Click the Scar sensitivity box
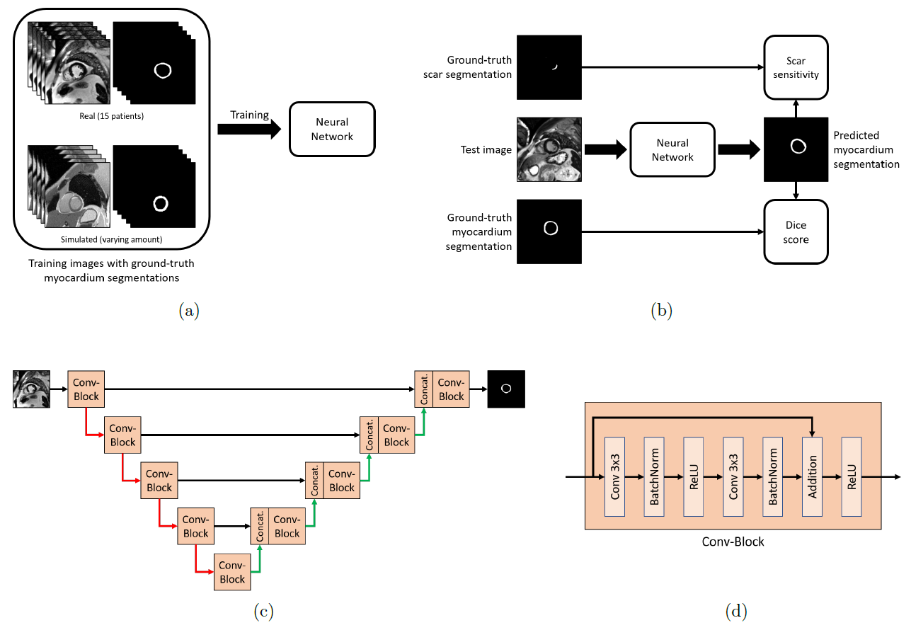[796, 67]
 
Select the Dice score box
[796, 231]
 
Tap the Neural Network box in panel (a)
[331, 129]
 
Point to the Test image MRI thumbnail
[549, 149]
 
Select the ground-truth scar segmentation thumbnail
[549, 67]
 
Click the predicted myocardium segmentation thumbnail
[796, 149]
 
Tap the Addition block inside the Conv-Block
[812, 476]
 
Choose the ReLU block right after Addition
[852, 476]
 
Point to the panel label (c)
[263, 612]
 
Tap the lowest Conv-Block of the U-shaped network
[232, 572]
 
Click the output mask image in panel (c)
[505, 389]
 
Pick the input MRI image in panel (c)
[32, 389]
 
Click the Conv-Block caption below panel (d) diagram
[733, 542]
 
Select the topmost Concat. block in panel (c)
[424, 389]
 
